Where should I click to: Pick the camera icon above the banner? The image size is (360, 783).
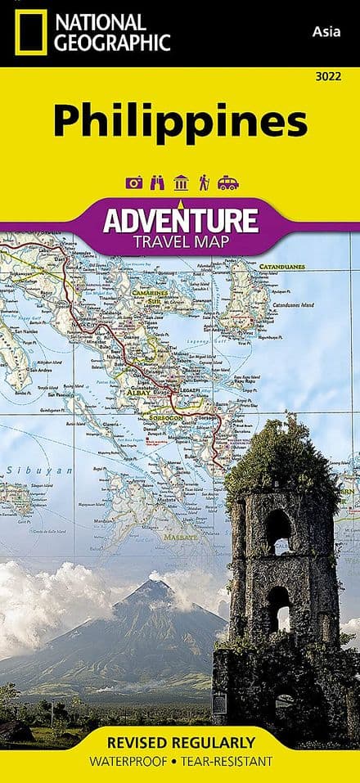point(134,182)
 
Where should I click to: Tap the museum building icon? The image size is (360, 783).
point(181,182)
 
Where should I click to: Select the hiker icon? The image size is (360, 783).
point(202,182)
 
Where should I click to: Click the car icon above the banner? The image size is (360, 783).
point(227,183)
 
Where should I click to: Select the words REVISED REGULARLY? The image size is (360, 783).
point(179,743)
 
